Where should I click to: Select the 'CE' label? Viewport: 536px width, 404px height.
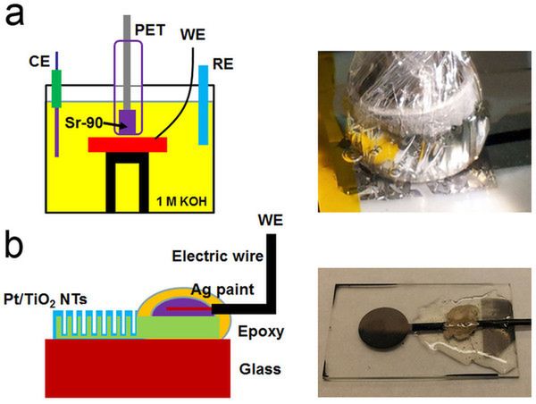pos(40,63)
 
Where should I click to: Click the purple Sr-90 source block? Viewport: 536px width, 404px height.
pos(129,121)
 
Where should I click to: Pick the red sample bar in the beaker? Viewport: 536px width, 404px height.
pos(127,144)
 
